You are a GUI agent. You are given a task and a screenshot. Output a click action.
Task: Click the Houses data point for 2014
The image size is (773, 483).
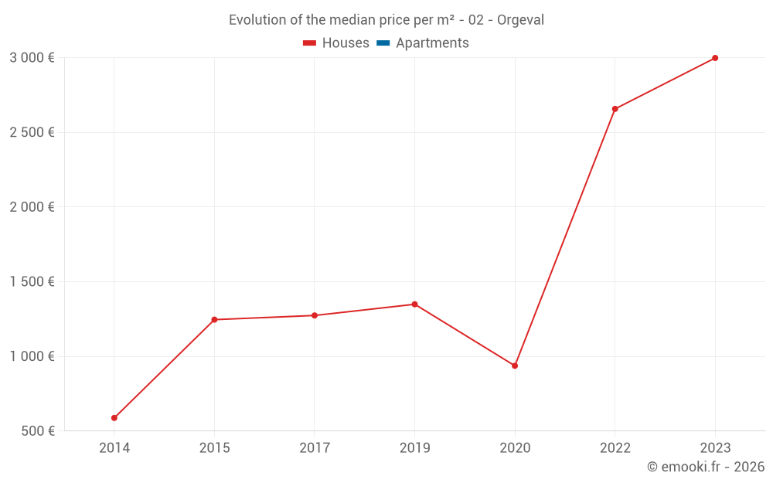pos(114,418)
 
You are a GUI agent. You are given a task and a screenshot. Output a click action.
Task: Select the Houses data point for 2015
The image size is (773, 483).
pos(214,319)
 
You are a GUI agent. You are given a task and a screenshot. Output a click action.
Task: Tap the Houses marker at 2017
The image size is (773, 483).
pos(315,315)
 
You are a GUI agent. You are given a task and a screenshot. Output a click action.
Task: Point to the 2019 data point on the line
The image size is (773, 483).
pos(414,304)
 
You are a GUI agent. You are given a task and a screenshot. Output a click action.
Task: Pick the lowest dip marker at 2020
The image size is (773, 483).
pos(515,366)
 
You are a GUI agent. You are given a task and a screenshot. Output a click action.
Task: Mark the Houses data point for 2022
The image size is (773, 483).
pos(615,109)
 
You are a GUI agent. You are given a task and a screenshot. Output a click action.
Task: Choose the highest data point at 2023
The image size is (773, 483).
pos(715,58)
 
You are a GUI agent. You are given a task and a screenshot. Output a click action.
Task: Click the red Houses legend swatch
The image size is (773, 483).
pos(310,43)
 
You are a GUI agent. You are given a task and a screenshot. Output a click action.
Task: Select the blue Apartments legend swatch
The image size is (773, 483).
pos(383,43)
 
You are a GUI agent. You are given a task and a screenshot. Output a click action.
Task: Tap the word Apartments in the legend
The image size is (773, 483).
pos(432,43)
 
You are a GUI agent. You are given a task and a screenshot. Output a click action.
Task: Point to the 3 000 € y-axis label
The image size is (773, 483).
pos(32,58)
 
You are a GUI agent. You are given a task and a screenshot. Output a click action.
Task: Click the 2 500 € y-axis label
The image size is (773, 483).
pos(32,132)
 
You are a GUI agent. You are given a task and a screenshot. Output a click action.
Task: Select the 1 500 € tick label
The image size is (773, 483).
pos(32,282)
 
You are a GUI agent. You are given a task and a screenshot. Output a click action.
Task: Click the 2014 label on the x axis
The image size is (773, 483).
pos(114,448)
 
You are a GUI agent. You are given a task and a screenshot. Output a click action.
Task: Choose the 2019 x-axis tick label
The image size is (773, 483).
pos(414,448)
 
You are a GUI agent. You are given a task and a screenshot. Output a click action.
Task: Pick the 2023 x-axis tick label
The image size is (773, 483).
pos(715,448)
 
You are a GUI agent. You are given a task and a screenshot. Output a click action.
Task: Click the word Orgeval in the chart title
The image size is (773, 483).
pos(520,20)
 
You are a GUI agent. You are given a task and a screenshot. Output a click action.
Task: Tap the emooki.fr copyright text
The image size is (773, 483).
pos(706,467)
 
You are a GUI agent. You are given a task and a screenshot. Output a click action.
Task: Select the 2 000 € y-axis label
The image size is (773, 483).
pos(32,207)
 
